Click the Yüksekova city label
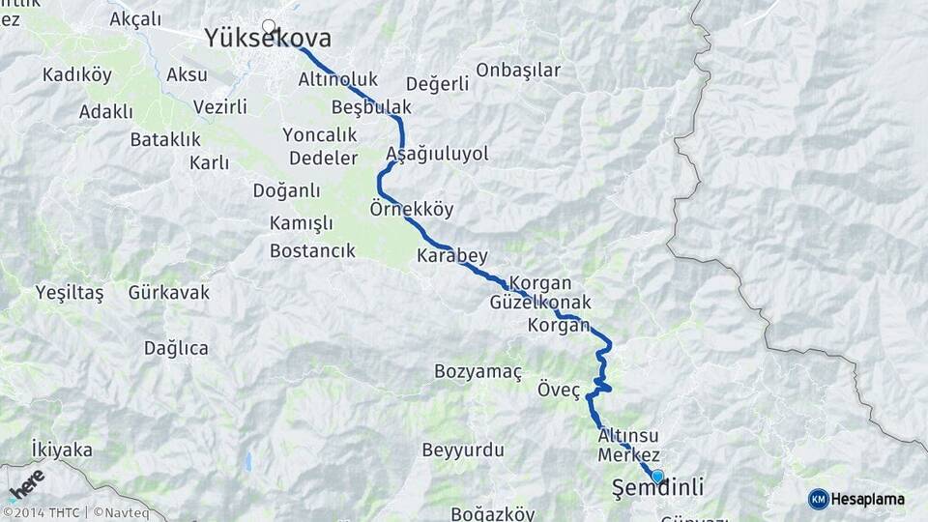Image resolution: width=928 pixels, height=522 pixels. point(267,39)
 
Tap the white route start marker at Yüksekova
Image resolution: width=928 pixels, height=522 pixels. point(268,26)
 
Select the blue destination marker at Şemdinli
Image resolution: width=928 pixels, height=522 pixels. point(657,476)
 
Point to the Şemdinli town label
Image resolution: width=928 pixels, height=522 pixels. point(658,487)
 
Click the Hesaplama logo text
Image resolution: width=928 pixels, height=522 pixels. point(867,499)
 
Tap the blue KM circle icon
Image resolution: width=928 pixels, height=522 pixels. point(818,499)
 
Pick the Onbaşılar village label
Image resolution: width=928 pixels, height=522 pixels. point(518,70)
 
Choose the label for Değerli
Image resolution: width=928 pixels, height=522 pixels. point(437,83)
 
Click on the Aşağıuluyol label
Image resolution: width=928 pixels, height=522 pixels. point(437,154)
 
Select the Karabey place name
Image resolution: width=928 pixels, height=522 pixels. point(451,256)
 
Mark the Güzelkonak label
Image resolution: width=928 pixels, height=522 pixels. point(540,303)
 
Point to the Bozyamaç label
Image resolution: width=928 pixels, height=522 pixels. point(478,371)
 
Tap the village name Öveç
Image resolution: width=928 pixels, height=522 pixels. point(558,391)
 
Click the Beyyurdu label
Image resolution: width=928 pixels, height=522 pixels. point(463,449)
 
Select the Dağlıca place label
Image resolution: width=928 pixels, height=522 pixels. point(175,348)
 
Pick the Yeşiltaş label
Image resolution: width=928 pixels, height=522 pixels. point(69,292)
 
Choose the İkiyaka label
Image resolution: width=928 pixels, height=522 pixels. point(62,449)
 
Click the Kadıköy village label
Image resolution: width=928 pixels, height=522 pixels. point(77,73)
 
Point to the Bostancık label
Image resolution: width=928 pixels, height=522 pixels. point(312,251)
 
